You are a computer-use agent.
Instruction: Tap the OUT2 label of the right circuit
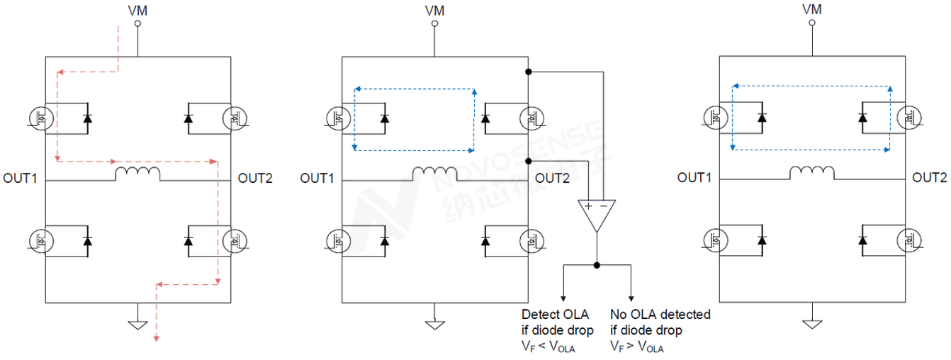[929, 177]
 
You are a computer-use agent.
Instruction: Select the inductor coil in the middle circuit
[435, 173]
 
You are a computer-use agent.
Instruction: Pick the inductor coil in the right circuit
[812, 173]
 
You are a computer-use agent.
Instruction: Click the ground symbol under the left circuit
[137, 325]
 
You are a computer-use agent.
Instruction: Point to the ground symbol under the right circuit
[812, 324]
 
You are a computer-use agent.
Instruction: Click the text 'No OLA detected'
[660, 314]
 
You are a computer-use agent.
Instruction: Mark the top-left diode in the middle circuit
[385, 117]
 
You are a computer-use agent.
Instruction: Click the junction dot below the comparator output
[597, 265]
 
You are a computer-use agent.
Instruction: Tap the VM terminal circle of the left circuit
[137, 23]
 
